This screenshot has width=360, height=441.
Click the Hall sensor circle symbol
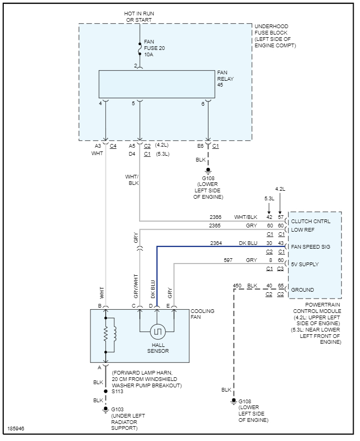point(158,332)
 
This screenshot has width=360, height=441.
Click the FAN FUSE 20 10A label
point(154,48)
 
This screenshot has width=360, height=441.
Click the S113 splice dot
point(106,392)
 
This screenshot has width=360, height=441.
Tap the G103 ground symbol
point(106,410)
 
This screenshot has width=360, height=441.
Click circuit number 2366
point(215,217)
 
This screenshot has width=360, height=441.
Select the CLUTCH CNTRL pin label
point(311,221)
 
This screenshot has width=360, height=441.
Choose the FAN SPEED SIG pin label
point(311,247)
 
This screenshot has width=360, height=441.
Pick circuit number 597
point(228,260)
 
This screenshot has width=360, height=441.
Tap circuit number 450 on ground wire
point(238,286)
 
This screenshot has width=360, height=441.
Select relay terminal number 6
point(203,104)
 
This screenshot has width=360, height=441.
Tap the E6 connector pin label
point(200,145)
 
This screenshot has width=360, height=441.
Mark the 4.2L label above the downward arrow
point(280,189)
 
